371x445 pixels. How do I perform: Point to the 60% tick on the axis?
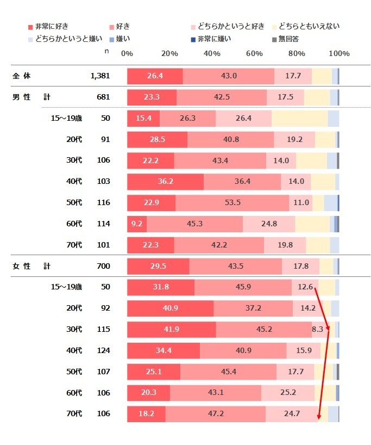click(254, 53)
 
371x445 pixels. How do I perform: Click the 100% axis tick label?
click(339, 53)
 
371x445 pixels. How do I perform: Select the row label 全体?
click(22, 76)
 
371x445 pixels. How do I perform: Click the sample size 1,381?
click(100, 76)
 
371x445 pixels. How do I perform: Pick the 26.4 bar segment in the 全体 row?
click(155, 76)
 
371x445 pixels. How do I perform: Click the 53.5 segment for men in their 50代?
click(232, 202)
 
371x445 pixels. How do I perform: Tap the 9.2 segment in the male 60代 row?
click(136, 224)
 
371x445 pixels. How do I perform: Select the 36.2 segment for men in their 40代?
click(165, 181)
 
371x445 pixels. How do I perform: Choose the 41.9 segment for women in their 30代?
click(171, 329)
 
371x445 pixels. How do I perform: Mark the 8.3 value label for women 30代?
click(317, 329)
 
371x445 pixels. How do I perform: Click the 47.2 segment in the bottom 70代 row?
click(216, 414)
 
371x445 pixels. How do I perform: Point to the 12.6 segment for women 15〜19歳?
click(305, 287)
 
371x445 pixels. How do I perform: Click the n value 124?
click(103, 350)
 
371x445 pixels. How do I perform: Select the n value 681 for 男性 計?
click(103, 97)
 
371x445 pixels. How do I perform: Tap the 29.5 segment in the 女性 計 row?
click(158, 266)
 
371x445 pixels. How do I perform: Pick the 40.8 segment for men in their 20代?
click(231, 139)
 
